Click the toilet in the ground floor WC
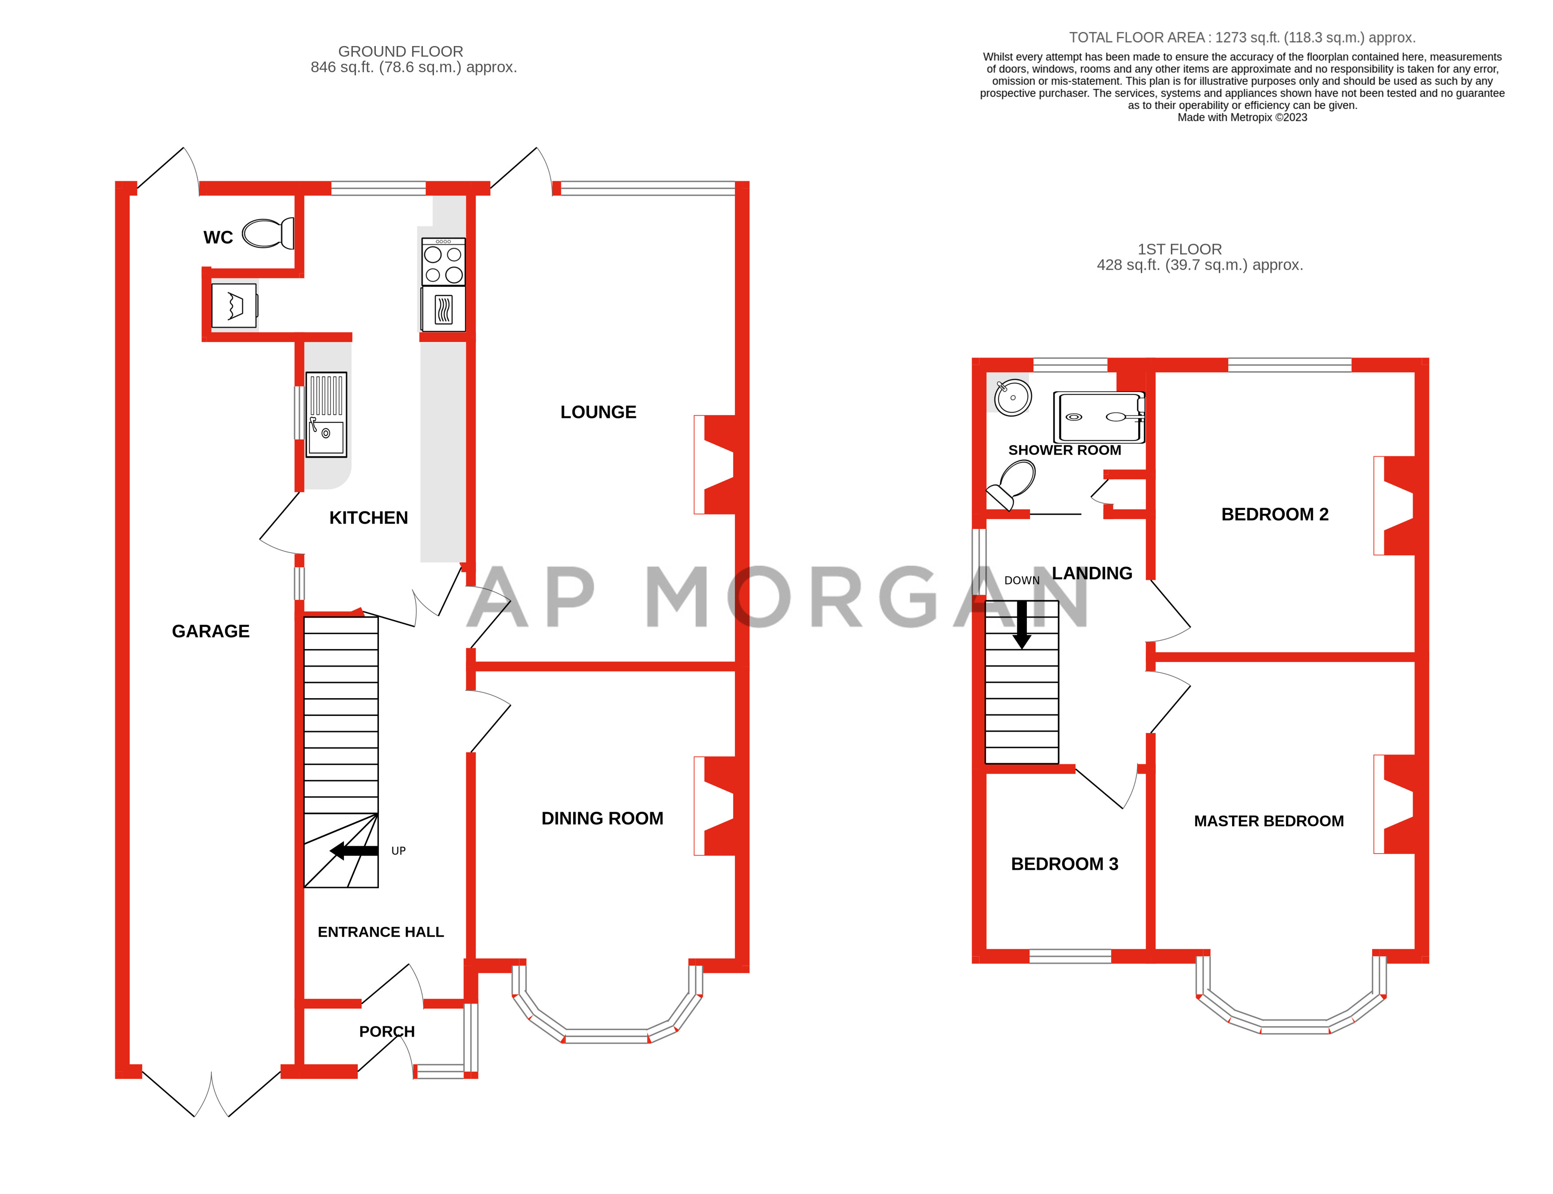tap(267, 233)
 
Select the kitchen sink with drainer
tap(326, 414)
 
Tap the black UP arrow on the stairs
tap(353, 851)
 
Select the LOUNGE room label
tap(598, 412)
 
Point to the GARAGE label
tap(211, 631)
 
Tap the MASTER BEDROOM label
tap(1268, 821)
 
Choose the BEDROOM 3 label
tap(1065, 863)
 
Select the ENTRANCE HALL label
tap(380, 932)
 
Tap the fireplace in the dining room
tap(717, 805)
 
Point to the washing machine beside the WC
tap(234, 306)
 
